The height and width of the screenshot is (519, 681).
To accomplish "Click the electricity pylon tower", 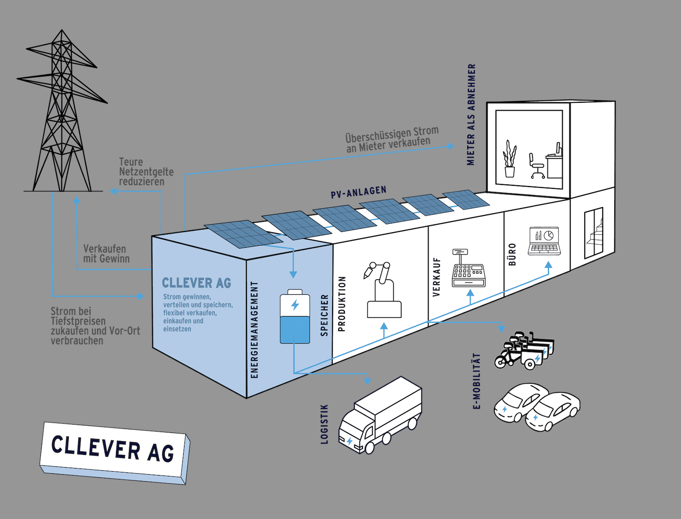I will click(62, 114).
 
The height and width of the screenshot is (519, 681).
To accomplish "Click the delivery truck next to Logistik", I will click(380, 415).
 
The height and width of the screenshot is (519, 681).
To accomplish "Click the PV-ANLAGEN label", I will click(359, 192).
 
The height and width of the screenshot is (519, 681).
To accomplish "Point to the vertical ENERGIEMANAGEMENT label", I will click(254, 329).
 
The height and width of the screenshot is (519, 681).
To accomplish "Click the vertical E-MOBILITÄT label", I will click(477, 381).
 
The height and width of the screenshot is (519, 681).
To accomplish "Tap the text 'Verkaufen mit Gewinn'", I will click(106, 254).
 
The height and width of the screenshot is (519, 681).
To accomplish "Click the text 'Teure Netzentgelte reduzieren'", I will click(146, 172).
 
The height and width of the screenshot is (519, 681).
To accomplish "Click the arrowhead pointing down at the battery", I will click(293, 274).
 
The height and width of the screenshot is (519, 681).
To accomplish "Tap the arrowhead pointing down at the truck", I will click(368, 380).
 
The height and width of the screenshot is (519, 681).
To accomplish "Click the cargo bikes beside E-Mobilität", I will click(525, 351).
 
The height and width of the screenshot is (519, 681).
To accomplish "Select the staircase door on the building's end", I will click(593, 233).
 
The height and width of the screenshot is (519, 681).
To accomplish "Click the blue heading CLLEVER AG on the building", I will click(196, 283).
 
